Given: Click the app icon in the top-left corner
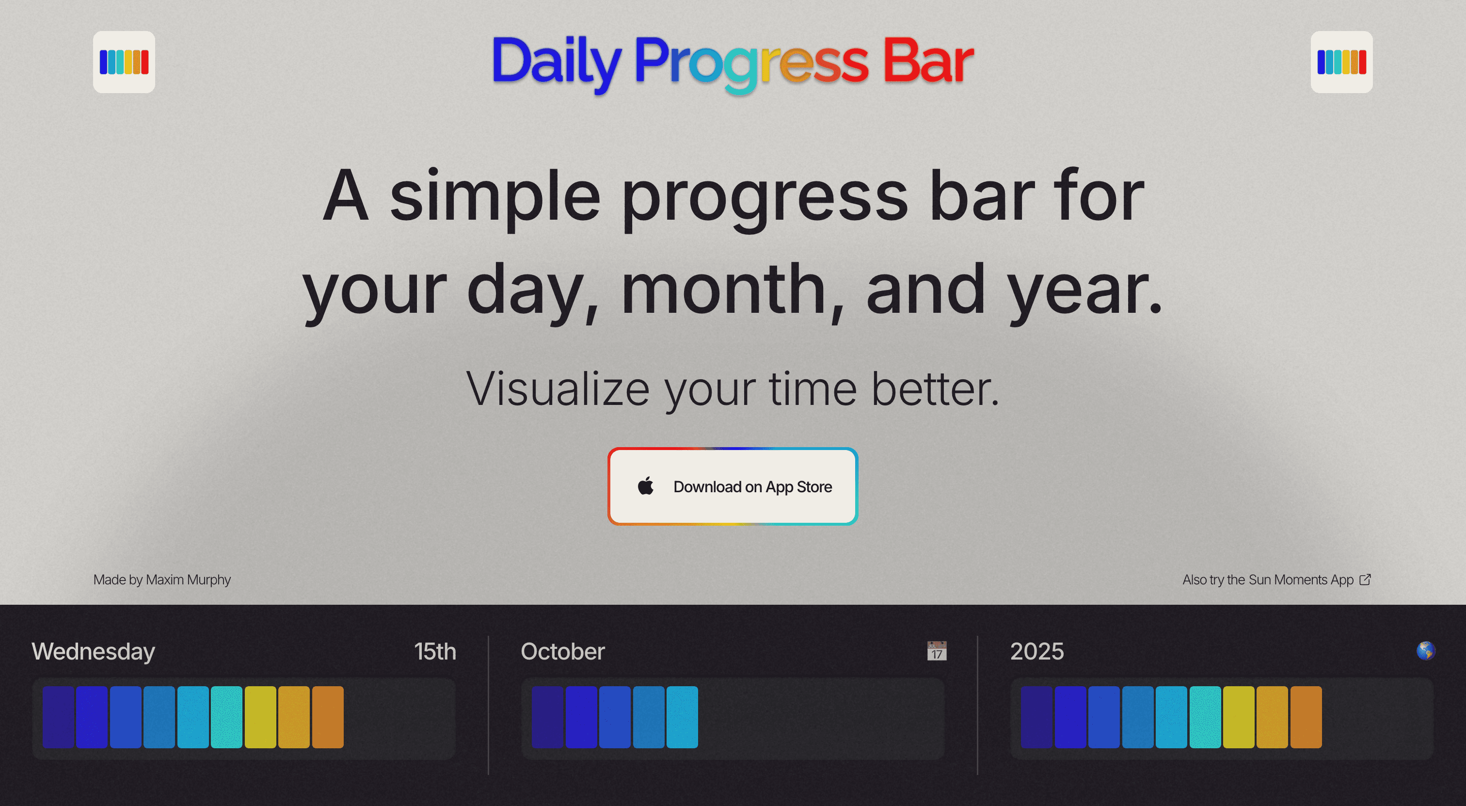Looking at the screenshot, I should (x=124, y=62).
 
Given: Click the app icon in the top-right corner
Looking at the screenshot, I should (x=1341, y=62).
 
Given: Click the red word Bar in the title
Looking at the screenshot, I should (x=927, y=62).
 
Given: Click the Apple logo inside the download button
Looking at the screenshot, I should (x=645, y=486).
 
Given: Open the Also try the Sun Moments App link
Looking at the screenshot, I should (x=1267, y=580).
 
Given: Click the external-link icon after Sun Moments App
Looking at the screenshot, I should (x=1365, y=580).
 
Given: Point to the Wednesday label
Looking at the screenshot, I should (x=94, y=651).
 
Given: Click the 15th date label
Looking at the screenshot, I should (x=435, y=651).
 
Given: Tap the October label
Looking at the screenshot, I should (x=562, y=651).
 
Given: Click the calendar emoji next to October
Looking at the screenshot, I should (x=936, y=651).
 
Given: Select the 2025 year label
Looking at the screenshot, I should (x=1036, y=651).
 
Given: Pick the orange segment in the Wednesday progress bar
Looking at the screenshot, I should (x=328, y=717).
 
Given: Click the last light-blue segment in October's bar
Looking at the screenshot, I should (x=682, y=717).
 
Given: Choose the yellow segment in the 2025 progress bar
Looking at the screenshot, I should (x=1238, y=717).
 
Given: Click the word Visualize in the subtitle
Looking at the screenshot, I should (x=557, y=389).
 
